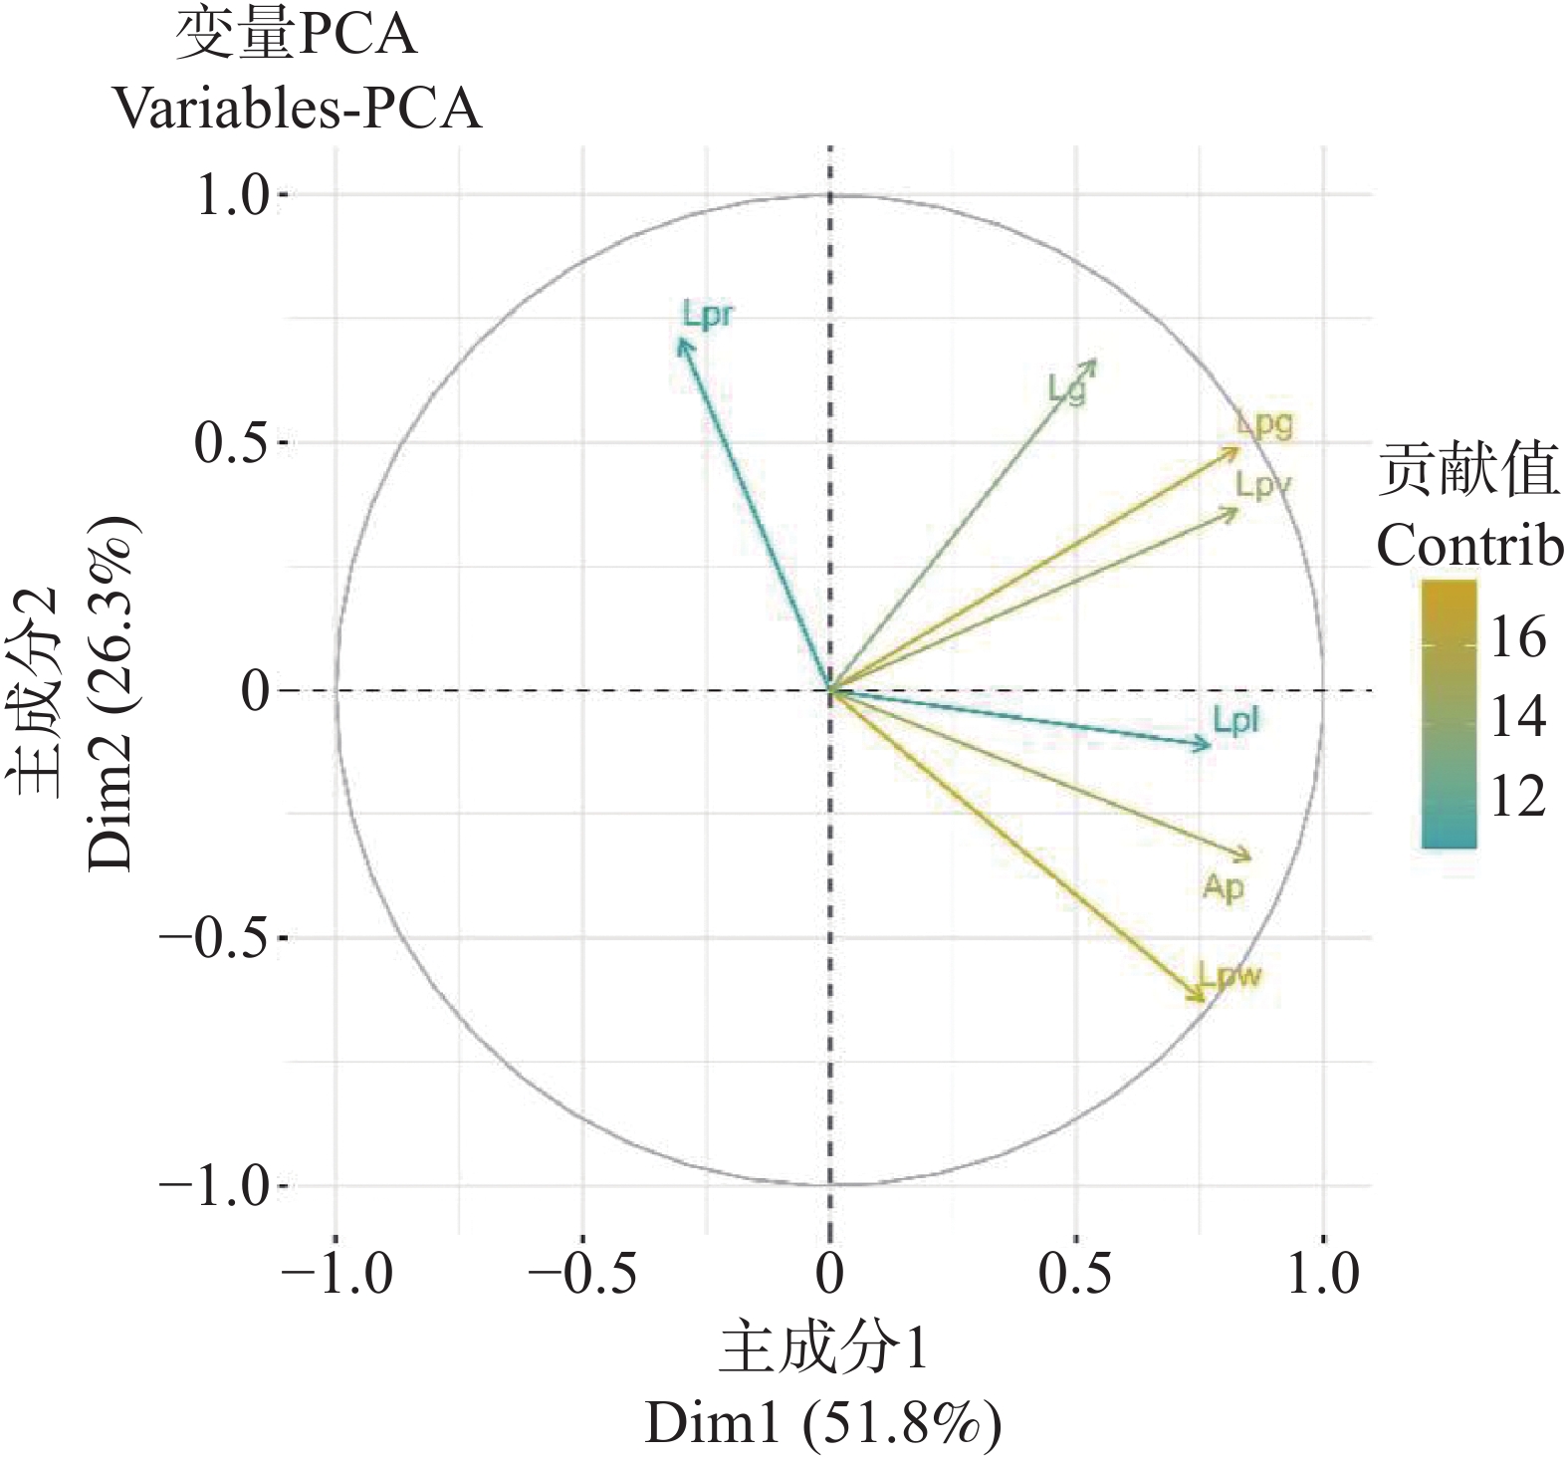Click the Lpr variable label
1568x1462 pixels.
(x=708, y=316)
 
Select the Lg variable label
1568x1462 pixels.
(x=1066, y=389)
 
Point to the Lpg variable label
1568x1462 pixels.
(x=1264, y=423)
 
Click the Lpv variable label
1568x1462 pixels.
(x=1262, y=485)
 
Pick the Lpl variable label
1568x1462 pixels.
(x=1235, y=720)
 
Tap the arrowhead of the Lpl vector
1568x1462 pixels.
(x=1208, y=744)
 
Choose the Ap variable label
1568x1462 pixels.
(x=1224, y=886)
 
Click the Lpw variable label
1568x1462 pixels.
(x=1230, y=974)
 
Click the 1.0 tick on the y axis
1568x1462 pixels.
(x=233, y=194)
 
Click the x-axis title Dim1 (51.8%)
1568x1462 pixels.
(x=822, y=1424)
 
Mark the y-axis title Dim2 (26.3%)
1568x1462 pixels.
(x=110, y=692)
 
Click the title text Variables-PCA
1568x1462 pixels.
(x=297, y=108)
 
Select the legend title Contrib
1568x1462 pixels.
(x=1469, y=545)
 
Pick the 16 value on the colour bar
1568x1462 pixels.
(x=1517, y=637)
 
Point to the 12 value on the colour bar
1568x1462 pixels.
(x=1517, y=797)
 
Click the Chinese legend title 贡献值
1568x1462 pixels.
(x=1467, y=471)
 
